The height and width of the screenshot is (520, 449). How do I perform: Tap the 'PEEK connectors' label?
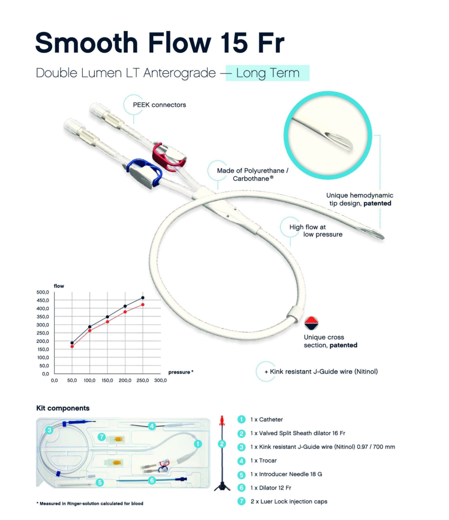(x=159, y=105)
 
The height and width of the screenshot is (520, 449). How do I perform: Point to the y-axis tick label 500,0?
(x=43, y=292)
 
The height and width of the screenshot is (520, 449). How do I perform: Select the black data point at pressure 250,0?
(x=143, y=298)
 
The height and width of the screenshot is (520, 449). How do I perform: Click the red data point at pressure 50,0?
(x=72, y=346)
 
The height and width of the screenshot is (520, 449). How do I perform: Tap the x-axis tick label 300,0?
(x=160, y=380)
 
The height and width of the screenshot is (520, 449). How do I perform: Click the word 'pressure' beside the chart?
(x=179, y=372)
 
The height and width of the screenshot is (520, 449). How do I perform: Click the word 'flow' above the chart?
(x=59, y=286)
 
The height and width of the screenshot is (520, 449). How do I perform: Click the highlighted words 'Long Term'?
(x=268, y=73)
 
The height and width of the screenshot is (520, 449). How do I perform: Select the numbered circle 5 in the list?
(x=241, y=474)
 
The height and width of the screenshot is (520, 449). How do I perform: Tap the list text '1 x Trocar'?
(x=263, y=461)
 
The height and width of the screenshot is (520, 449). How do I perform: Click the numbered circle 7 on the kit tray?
(x=102, y=437)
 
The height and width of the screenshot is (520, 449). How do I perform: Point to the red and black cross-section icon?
(x=312, y=323)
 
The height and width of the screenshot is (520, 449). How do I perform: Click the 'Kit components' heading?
(x=63, y=408)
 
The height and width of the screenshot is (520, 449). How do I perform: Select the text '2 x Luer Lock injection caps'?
(x=289, y=501)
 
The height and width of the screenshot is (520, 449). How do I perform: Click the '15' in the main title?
(x=234, y=43)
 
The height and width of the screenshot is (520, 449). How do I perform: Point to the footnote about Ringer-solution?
(x=90, y=503)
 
